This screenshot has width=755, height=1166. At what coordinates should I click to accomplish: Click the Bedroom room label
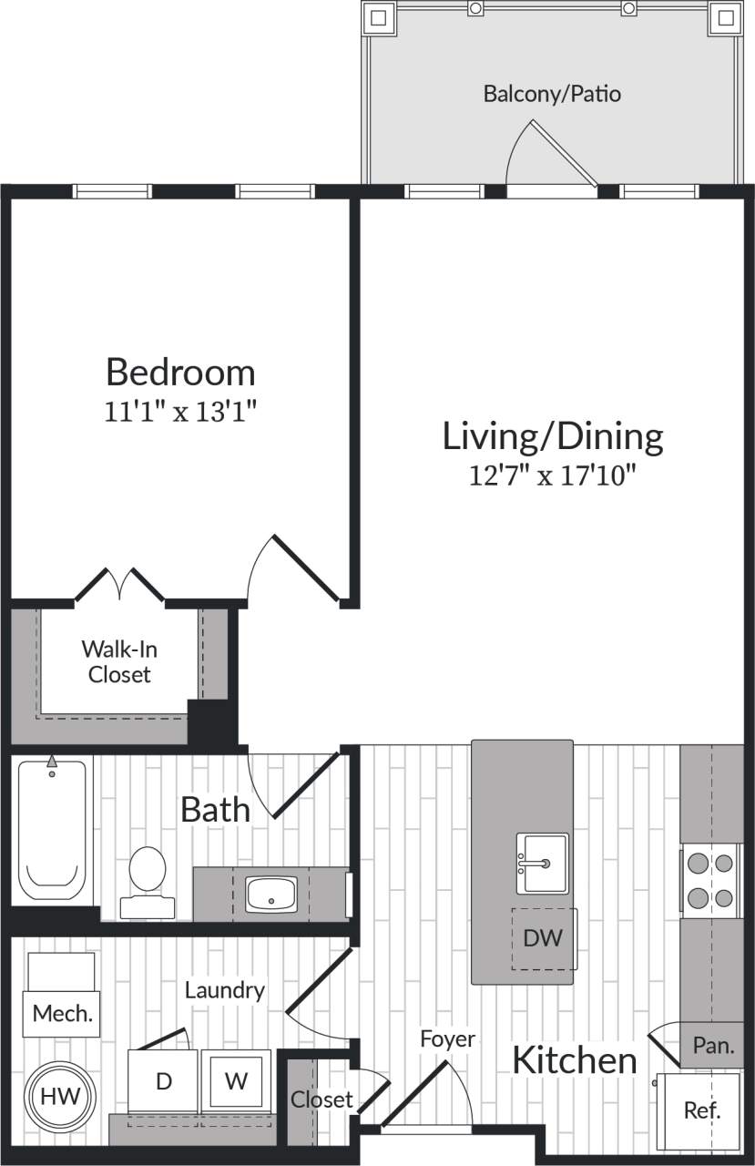coord(180,373)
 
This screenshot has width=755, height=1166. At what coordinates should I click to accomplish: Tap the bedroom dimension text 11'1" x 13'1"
coord(180,412)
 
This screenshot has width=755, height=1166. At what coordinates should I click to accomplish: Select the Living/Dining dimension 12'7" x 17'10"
coord(552,476)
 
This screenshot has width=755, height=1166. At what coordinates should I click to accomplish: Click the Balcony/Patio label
coord(552,93)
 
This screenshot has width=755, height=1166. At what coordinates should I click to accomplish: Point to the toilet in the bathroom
coord(147,880)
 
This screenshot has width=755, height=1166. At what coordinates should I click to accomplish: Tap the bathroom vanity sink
coord(271,894)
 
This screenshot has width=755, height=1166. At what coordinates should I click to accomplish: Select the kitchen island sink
coord(542,863)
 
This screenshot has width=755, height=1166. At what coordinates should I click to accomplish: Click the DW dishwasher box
coord(544,938)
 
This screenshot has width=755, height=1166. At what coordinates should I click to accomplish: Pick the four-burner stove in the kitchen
coord(710,880)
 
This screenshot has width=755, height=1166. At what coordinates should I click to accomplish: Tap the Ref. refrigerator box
coord(702,1110)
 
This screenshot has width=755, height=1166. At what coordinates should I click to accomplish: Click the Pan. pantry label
coord(713,1046)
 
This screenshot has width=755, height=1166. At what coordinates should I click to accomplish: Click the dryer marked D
coord(163,1081)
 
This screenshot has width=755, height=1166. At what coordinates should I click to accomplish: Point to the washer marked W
coord(236,1081)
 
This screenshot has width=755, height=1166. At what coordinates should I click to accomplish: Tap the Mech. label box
coord(62,1013)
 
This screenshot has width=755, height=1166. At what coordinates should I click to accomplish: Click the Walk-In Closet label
coord(117,661)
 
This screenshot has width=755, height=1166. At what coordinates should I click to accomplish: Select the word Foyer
coord(447,1038)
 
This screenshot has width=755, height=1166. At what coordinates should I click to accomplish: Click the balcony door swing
coord(550,155)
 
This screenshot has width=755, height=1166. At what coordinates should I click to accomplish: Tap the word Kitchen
coord(574,1060)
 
